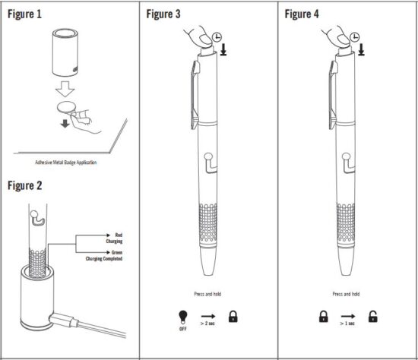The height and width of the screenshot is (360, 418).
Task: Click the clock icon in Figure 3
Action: coord(217,36)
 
